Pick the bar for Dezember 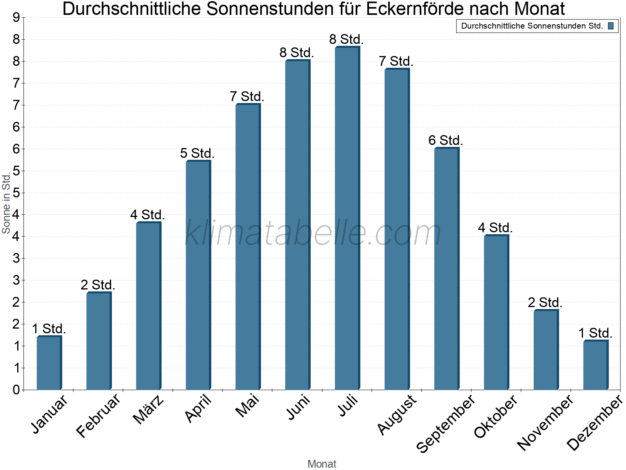click(x=595, y=365)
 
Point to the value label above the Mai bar click(x=247, y=96)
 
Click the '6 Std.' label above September click(x=446, y=140)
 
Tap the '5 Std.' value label click(x=197, y=153)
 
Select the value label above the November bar click(x=545, y=302)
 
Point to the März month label click(x=148, y=410)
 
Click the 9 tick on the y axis click(x=16, y=18)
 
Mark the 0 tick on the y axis click(x=16, y=390)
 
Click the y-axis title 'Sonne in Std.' click(x=6, y=204)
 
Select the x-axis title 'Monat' click(x=322, y=464)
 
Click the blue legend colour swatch click(x=611, y=26)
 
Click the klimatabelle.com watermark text click(x=313, y=233)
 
